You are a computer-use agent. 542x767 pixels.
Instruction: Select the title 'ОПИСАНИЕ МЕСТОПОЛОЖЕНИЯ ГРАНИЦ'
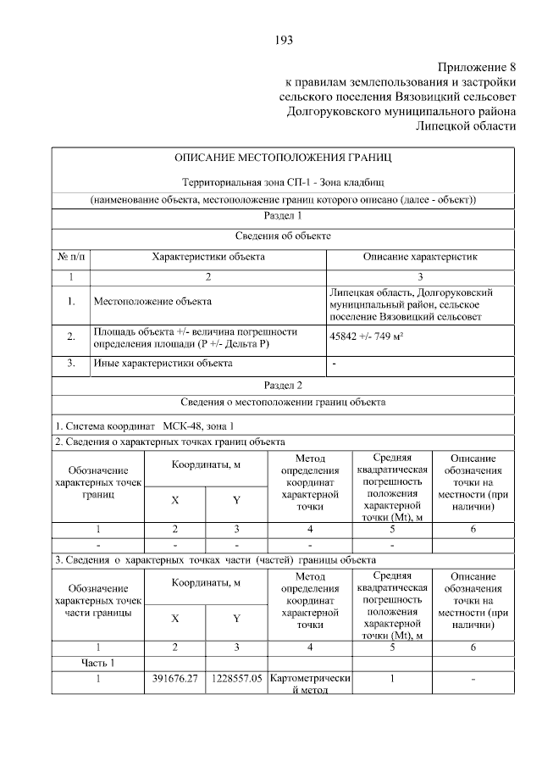(x=283, y=158)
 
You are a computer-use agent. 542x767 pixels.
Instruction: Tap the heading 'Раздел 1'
(x=283, y=217)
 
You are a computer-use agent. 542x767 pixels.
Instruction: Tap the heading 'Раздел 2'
(x=283, y=385)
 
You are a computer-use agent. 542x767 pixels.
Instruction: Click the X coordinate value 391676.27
(x=174, y=678)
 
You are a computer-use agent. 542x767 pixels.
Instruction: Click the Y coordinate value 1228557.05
(x=236, y=678)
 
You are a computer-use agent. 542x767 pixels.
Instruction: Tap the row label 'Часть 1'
(x=99, y=662)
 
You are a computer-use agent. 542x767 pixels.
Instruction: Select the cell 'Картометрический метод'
(x=309, y=684)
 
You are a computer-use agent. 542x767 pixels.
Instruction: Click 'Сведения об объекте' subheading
(x=283, y=236)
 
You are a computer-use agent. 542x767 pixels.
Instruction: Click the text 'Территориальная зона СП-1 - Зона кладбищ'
(x=283, y=183)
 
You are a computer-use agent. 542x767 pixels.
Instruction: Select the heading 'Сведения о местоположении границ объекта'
(x=283, y=402)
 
